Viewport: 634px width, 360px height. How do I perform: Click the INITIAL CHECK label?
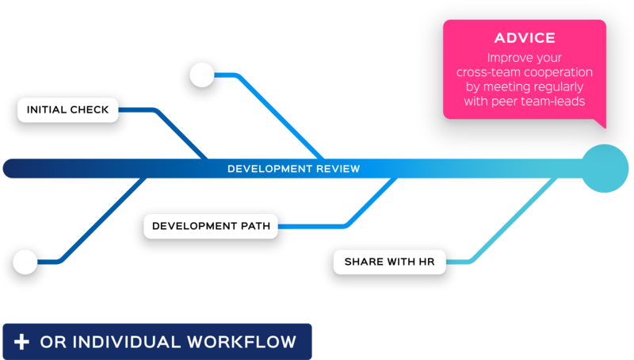click(68, 109)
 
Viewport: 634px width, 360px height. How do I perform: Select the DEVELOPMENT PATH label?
click(211, 226)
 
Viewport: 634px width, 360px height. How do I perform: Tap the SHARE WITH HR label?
click(389, 262)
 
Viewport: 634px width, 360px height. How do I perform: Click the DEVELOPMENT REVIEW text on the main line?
click(293, 169)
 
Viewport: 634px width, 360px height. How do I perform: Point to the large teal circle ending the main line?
click(605, 168)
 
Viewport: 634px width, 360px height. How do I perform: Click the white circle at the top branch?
click(202, 75)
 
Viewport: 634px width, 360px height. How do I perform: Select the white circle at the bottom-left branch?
click(25, 262)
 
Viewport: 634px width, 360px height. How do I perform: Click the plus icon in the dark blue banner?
click(22, 342)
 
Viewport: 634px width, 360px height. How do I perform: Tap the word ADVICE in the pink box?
click(525, 38)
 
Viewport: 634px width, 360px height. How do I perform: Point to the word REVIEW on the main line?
click(336, 169)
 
